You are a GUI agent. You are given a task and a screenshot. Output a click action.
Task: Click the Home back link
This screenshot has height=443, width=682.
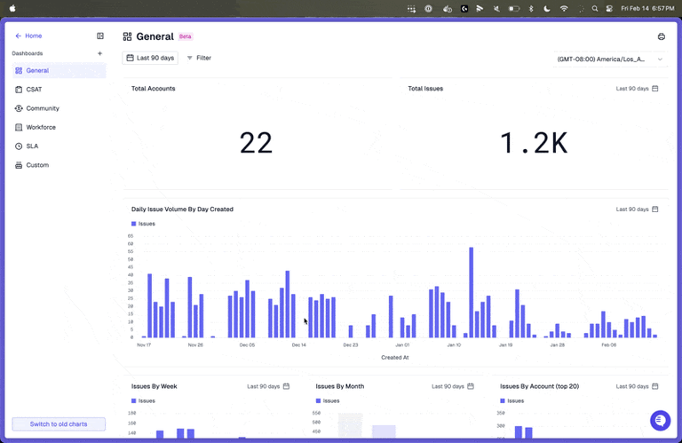tap(28, 36)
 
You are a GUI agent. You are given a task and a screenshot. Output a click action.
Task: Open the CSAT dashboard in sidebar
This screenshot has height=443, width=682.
tap(34, 90)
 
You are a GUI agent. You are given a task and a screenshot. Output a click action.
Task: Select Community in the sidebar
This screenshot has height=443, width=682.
tap(43, 108)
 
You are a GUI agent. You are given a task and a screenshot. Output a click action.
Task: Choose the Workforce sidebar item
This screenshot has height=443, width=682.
tap(41, 127)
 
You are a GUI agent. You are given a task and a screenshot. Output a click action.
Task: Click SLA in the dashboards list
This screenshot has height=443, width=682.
tap(32, 146)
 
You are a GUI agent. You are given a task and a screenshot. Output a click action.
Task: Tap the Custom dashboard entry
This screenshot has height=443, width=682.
tap(37, 165)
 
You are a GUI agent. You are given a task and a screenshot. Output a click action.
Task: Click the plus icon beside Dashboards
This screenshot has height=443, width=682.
tap(99, 53)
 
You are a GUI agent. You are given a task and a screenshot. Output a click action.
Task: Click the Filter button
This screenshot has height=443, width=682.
tap(199, 58)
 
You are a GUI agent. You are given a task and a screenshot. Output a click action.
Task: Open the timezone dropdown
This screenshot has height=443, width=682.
tap(610, 59)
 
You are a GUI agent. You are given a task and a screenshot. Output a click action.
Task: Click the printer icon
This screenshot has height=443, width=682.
tap(662, 36)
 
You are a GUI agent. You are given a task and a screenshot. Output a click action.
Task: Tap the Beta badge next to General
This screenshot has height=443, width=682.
tap(186, 36)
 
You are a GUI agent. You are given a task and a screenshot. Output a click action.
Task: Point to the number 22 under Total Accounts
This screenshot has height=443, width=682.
tap(256, 143)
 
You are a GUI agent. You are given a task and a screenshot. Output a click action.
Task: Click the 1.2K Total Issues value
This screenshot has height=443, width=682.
tap(533, 143)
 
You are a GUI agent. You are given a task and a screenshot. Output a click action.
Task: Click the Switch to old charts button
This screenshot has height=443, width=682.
tap(59, 424)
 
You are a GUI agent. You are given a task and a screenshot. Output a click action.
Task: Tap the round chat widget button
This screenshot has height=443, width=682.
tap(660, 420)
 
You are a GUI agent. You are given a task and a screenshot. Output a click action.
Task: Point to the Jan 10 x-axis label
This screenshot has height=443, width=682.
tap(454, 344)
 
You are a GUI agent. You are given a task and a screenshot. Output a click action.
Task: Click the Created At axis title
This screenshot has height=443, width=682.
tap(394, 357)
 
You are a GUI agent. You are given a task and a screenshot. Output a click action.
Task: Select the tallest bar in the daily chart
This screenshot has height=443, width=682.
tap(471, 292)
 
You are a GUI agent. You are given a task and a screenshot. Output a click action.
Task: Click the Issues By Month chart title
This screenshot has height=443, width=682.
tap(340, 386)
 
